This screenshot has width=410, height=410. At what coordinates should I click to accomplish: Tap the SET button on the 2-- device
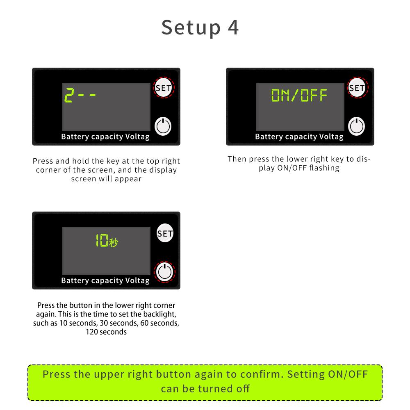tap(163, 88)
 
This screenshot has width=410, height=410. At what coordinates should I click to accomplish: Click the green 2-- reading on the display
tap(80, 96)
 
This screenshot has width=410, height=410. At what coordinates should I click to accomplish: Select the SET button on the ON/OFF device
tap(357, 88)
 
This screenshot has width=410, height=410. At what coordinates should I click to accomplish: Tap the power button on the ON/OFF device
tap(357, 126)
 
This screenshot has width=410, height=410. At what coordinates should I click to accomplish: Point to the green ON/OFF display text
tap(300, 96)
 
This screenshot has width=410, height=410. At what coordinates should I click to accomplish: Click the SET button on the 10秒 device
tap(165, 233)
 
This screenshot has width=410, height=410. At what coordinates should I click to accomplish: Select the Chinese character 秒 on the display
tap(114, 242)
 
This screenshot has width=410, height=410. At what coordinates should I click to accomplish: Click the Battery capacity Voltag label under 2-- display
tap(105, 137)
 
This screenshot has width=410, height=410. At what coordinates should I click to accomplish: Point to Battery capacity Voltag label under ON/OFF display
tap(299, 137)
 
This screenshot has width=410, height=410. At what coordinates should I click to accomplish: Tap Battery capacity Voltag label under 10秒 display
tap(105, 280)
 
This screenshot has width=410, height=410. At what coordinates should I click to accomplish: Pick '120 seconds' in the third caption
tap(106, 332)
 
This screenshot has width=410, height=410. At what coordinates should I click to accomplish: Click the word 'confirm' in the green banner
tap(266, 374)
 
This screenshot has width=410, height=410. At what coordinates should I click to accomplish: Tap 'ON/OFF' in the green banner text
tap(348, 374)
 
